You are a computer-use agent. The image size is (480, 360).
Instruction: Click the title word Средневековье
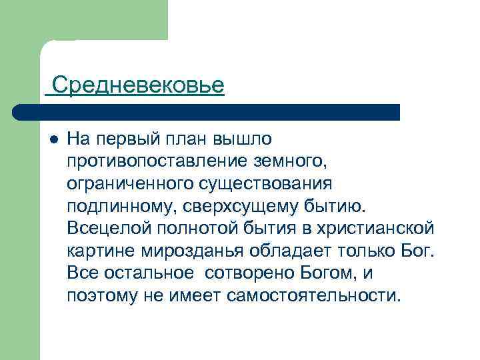(x=138, y=85)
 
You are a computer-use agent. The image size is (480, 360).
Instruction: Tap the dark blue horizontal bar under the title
(x=207, y=112)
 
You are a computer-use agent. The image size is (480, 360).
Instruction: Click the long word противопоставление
(x=157, y=161)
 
